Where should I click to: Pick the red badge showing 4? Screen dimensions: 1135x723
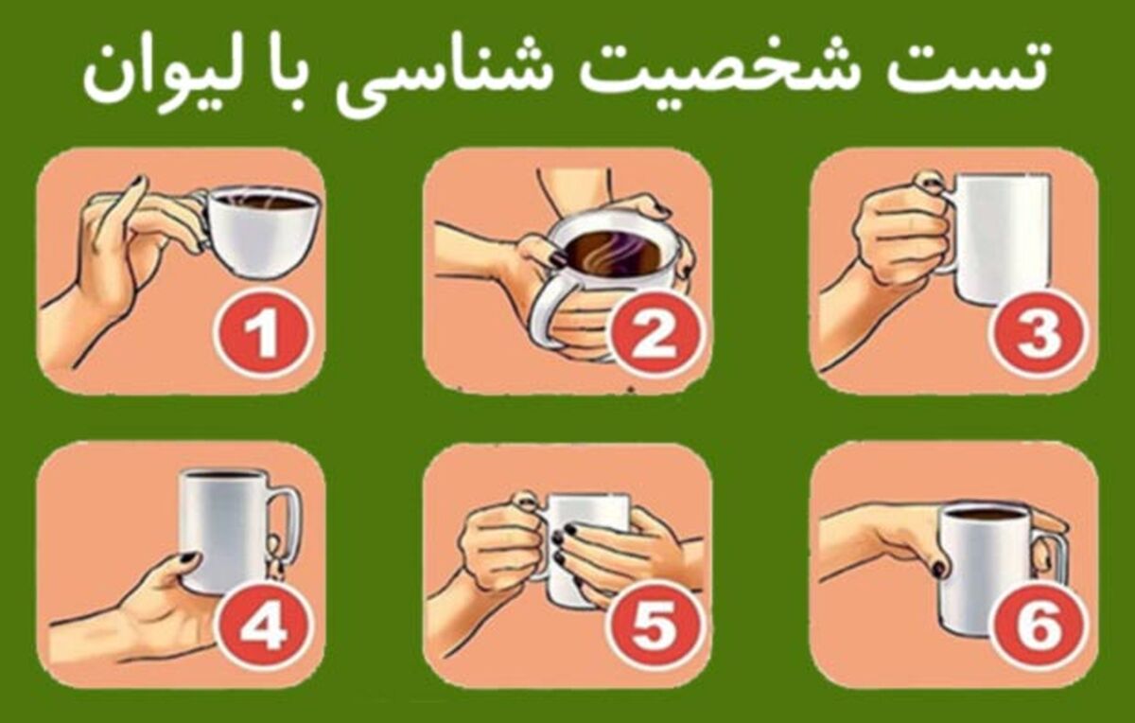click(x=264, y=628)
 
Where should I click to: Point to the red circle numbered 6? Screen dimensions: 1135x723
click(x=1039, y=628)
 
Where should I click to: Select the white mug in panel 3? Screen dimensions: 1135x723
click(x=996, y=238)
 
